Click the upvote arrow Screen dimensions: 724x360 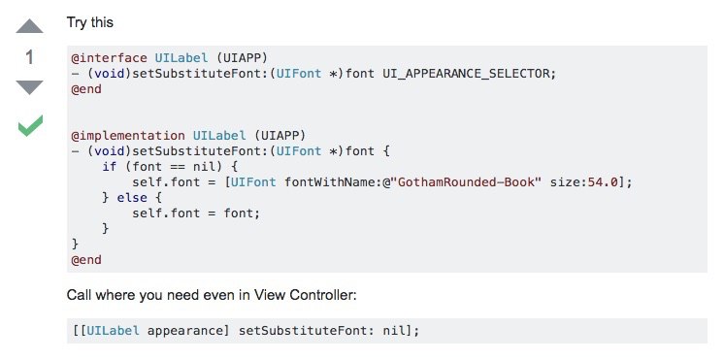(29, 26)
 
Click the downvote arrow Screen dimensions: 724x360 (29, 87)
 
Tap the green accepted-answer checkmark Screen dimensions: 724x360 (30, 125)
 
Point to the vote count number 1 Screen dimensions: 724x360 (29, 57)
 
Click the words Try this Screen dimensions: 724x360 (90, 22)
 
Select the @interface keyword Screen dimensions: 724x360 (109, 58)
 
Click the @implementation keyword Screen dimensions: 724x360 (128, 136)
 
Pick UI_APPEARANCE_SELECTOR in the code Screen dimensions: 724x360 (467, 74)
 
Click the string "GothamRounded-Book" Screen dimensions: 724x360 (465, 181)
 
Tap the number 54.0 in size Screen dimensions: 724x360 (603, 181)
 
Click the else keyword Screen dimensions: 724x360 (132, 198)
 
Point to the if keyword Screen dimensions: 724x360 (110, 167)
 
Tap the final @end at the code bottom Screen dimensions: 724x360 (86, 260)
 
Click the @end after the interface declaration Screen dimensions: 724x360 (86, 89)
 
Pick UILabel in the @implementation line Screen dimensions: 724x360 (219, 136)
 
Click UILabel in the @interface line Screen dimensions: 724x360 (181, 58)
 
